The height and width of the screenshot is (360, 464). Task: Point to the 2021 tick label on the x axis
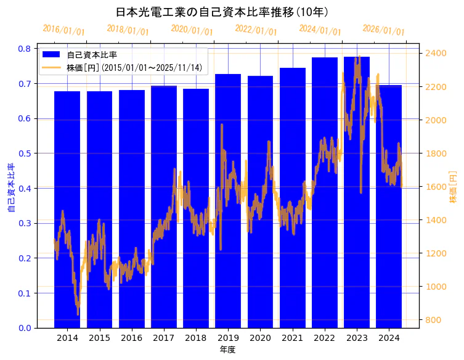point(292,338)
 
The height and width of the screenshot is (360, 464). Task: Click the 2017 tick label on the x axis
point(164,338)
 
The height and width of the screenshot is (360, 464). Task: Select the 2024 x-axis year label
point(389,338)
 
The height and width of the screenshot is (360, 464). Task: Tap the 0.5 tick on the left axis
point(25,153)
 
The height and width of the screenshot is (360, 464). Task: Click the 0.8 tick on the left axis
point(25,49)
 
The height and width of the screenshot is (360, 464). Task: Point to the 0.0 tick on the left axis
point(25,328)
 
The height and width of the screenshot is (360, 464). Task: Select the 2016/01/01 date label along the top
point(63,30)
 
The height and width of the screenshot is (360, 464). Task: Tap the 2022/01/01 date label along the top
point(256,30)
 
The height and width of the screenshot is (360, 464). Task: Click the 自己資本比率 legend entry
point(92,55)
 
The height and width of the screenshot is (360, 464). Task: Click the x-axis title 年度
point(227,350)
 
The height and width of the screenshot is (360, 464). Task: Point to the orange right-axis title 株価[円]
point(453,187)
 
